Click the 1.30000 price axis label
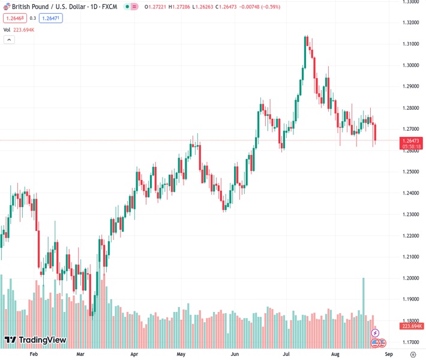pyautogui.click(x=411, y=65)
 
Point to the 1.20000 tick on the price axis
pyautogui.click(x=411, y=278)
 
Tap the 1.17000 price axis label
pyautogui.click(x=411, y=342)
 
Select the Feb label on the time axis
pyautogui.click(x=34, y=355)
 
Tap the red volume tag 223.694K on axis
pyautogui.click(x=411, y=326)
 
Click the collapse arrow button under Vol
pyautogui.click(x=9, y=40)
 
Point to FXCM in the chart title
pyautogui.click(x=109, y=7)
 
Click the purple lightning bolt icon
pyautogui.click(x=375, y=332)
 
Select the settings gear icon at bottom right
pyautogui.click(x=412, y=355)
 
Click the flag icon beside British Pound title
pyautogui.click(x=7, y=7)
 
